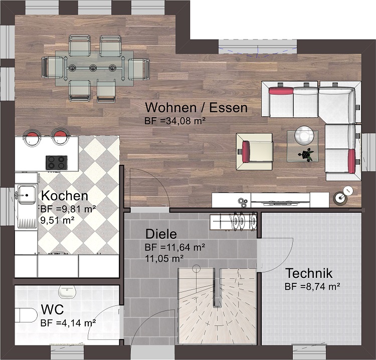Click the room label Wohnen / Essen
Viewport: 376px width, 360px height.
click(x=197, y=108)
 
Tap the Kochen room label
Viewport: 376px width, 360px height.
click(x=65, y=196)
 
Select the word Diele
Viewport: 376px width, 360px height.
click(x=161, y=234)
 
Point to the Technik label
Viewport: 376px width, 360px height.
click(x=309, y=273)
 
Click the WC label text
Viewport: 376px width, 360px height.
click(x=52, y=309)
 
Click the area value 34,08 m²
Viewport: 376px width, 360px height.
click(x=182, y=121)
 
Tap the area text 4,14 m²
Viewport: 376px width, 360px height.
click(x=76, y=323)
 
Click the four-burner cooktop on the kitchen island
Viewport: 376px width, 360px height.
click(x=57, y=163)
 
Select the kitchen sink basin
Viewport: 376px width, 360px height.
click(x=27, y=195)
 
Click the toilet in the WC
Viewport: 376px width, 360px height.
click(x=26, y=315)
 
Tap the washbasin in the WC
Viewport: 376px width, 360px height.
click(x=67, y=292)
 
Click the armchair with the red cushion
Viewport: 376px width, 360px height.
click(x=254, y=152)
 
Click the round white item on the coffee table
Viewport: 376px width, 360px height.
click(x=304, y=135)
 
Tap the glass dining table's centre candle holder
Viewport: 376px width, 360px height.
click(x=93, y=68)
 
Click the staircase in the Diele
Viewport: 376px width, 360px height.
click(x=217, y=306)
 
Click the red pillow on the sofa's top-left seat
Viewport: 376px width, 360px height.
click(x=281, y=91)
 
